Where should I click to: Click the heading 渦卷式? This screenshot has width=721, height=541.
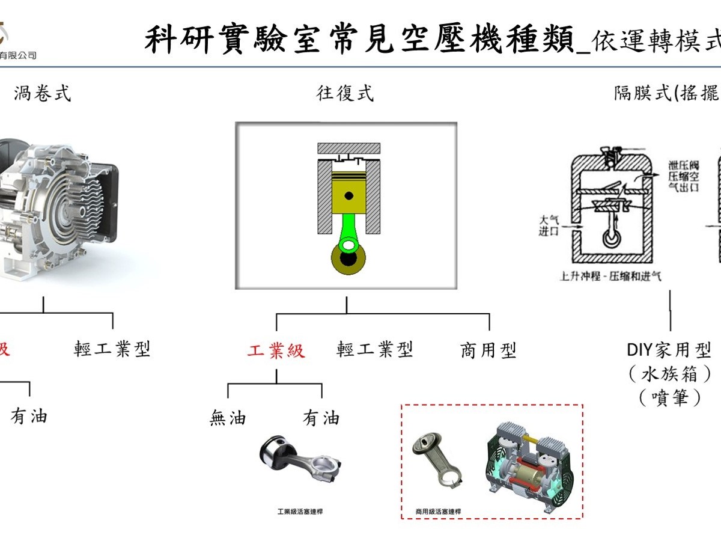point(43,93)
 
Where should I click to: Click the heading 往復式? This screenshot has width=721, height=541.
point(345,93)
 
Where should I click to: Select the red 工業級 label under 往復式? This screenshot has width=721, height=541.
point(276,350)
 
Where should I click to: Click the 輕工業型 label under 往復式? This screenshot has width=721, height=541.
point(375,349)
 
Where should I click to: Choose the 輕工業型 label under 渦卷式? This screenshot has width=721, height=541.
point(112,349)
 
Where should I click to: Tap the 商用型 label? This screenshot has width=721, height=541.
point(488,350)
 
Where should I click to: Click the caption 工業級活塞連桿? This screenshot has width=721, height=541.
point(300,512)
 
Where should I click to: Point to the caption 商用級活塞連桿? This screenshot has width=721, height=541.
point(438,512)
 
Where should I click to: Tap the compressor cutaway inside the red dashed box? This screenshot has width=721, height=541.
point(529,469)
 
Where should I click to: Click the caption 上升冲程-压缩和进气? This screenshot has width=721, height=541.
point(610,277)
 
